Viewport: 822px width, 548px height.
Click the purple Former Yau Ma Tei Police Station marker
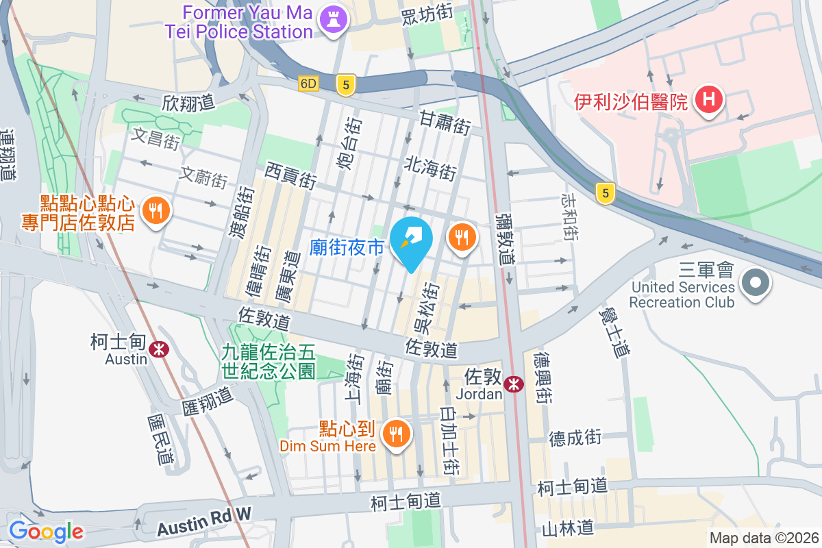pos(334,18)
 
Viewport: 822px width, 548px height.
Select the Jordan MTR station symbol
pos(513,385)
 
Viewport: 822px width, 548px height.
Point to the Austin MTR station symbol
pos(160,349)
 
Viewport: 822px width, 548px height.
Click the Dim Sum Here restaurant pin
pos(395,433)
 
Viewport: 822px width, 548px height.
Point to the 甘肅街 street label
pos(445,125)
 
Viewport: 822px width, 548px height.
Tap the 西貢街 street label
pos(290,176)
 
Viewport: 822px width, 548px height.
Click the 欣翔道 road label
pos(188,103)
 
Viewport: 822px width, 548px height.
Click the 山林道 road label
pos(567,528)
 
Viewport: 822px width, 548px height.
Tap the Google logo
pos(46,531)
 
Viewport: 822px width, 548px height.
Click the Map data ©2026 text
pos(763,538)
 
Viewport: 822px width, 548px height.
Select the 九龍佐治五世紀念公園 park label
pos(268,362)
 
